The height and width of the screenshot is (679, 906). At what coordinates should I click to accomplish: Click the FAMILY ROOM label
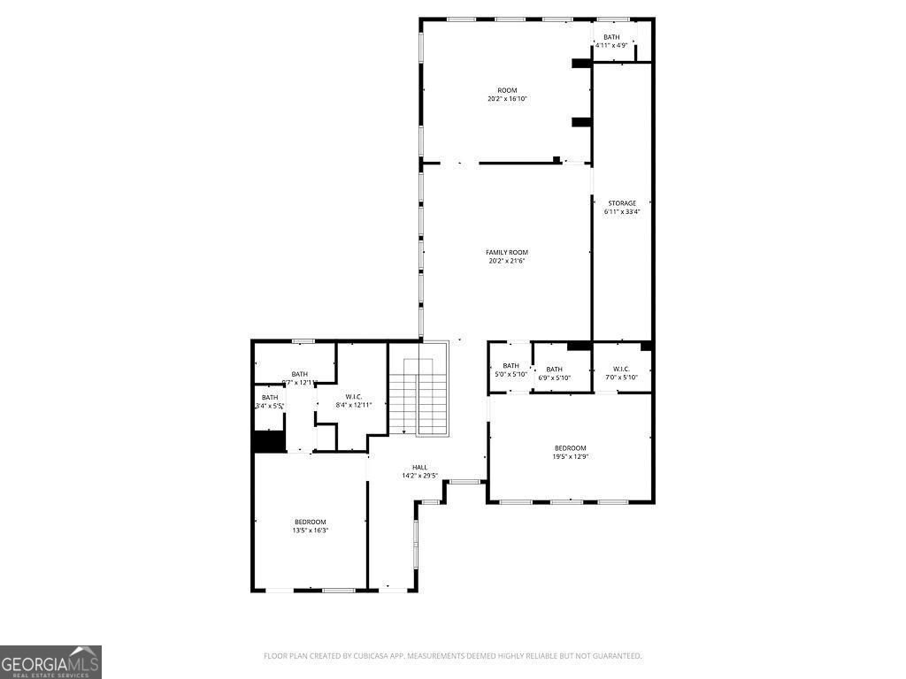coord(507,252)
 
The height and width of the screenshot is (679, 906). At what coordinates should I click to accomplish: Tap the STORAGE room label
coord(621,203)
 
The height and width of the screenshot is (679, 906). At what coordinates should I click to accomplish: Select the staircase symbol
coord(418,396)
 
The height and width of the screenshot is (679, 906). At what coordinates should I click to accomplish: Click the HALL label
coord(419,468)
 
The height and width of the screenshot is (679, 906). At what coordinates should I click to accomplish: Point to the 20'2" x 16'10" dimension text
coord(507,99)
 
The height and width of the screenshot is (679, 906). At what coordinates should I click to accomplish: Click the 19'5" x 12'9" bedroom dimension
coord(570,457)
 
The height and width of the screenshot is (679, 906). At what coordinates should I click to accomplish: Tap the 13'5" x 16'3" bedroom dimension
coord(310,530)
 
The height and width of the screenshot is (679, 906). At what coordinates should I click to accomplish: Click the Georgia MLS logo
coord(50,662)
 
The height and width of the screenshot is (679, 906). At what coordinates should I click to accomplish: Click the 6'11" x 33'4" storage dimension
coord(621,212)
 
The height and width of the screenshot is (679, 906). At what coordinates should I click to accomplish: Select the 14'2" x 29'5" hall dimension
coord(419,476)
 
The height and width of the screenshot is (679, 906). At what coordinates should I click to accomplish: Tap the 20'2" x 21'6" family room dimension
coord(507,261)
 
